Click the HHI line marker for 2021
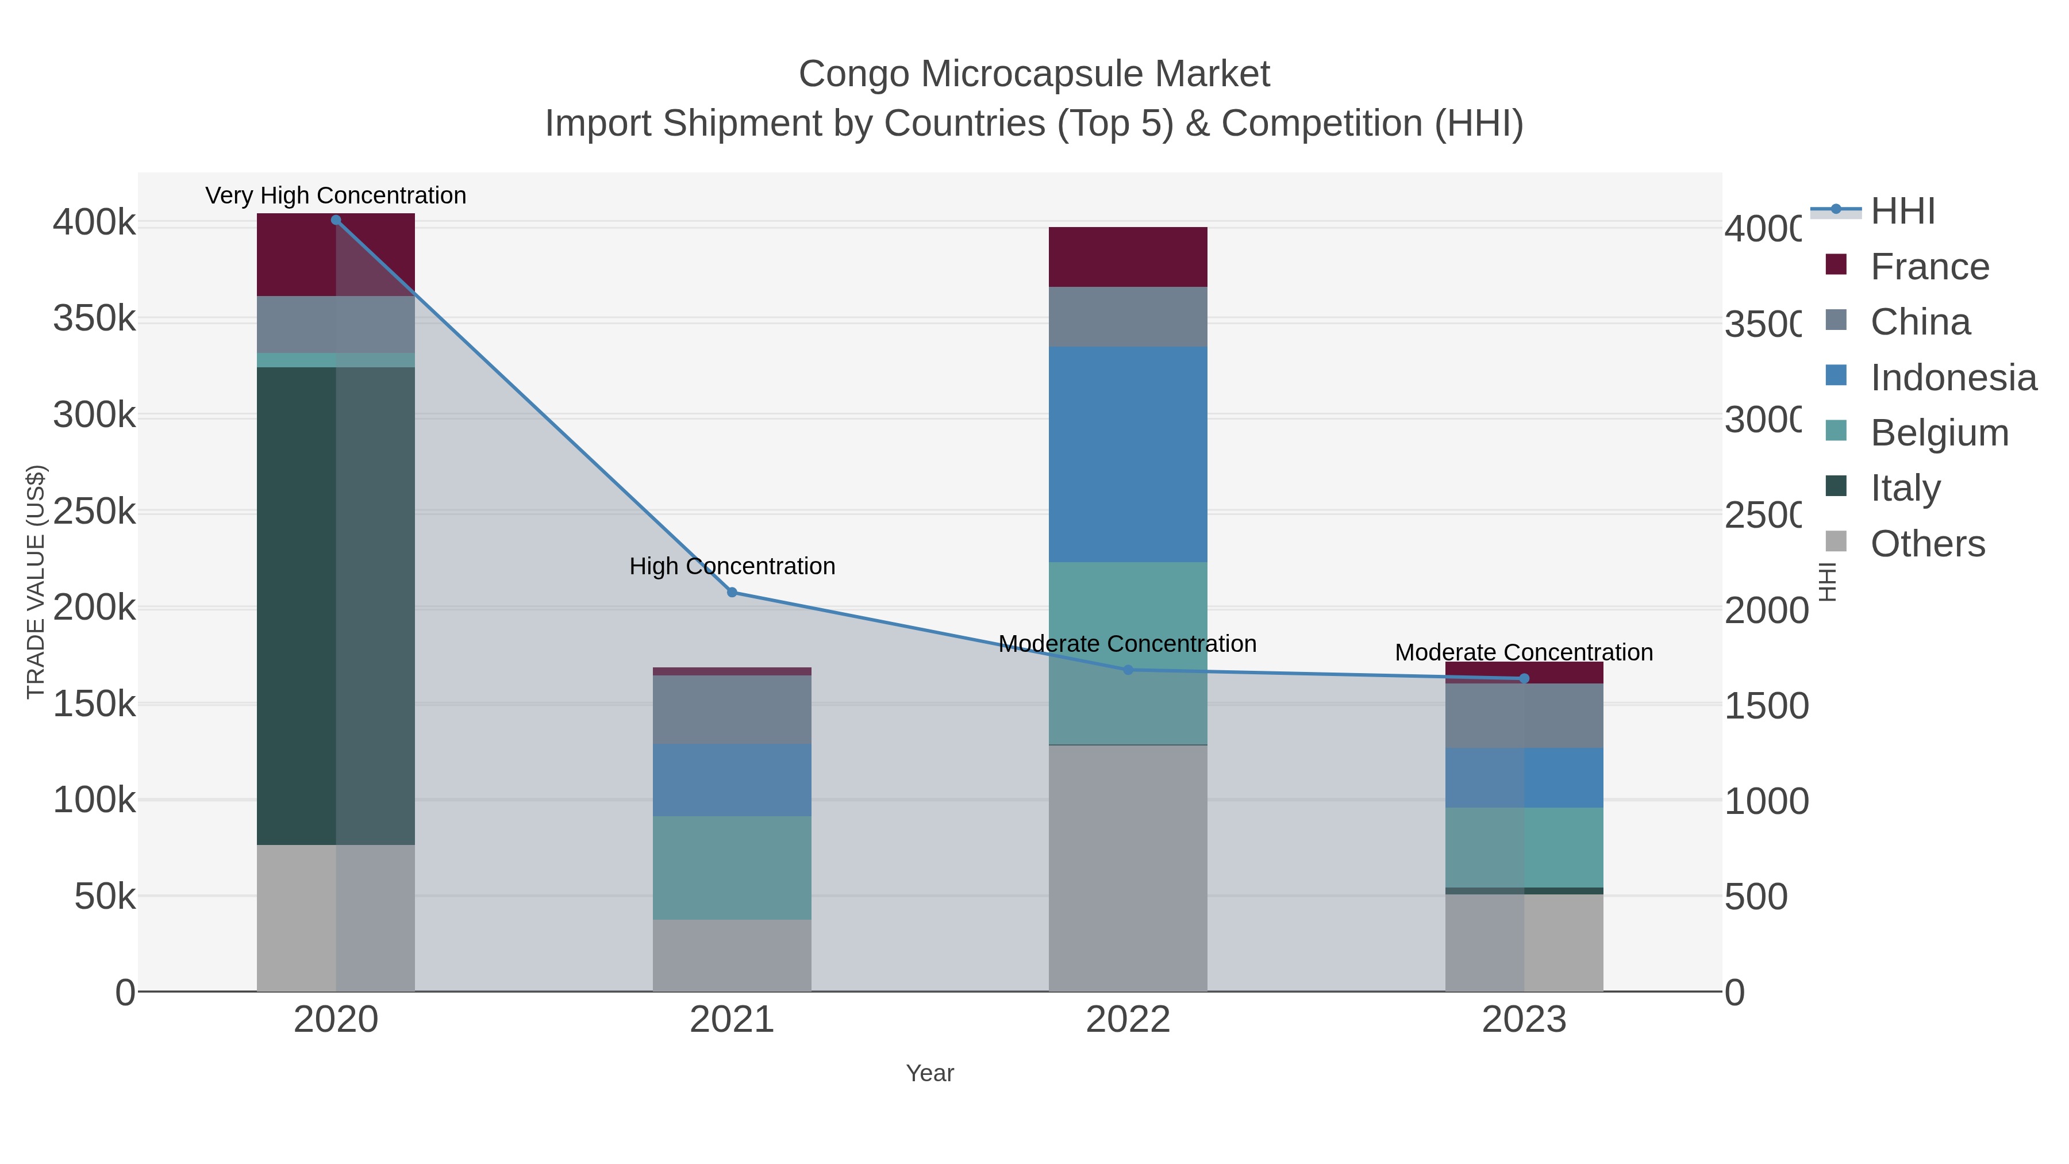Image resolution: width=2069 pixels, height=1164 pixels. coord(732,592)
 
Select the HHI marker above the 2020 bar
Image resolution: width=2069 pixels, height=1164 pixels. coord(336,220)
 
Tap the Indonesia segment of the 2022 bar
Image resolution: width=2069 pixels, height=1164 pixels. coord(1128,454)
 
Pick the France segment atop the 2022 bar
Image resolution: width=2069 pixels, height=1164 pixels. coord(1128,256)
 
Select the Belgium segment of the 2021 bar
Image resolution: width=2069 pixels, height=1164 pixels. coord(732,867)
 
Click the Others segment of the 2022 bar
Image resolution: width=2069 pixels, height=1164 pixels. coord(1128,867)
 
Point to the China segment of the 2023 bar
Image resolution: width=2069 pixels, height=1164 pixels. coord(1524,715)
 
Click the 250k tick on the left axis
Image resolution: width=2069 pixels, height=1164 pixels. coord(94,512)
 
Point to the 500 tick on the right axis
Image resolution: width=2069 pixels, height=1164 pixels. coord(1756,897)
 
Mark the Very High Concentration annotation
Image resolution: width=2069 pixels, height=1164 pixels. coord(336,195)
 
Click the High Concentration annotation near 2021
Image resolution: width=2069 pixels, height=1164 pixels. coord(732,566)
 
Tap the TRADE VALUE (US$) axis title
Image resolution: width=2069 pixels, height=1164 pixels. coord(35,582)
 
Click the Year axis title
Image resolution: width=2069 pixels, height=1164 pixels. coord(929,1073)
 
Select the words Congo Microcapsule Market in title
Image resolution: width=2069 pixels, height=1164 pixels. coord(1034,74)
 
